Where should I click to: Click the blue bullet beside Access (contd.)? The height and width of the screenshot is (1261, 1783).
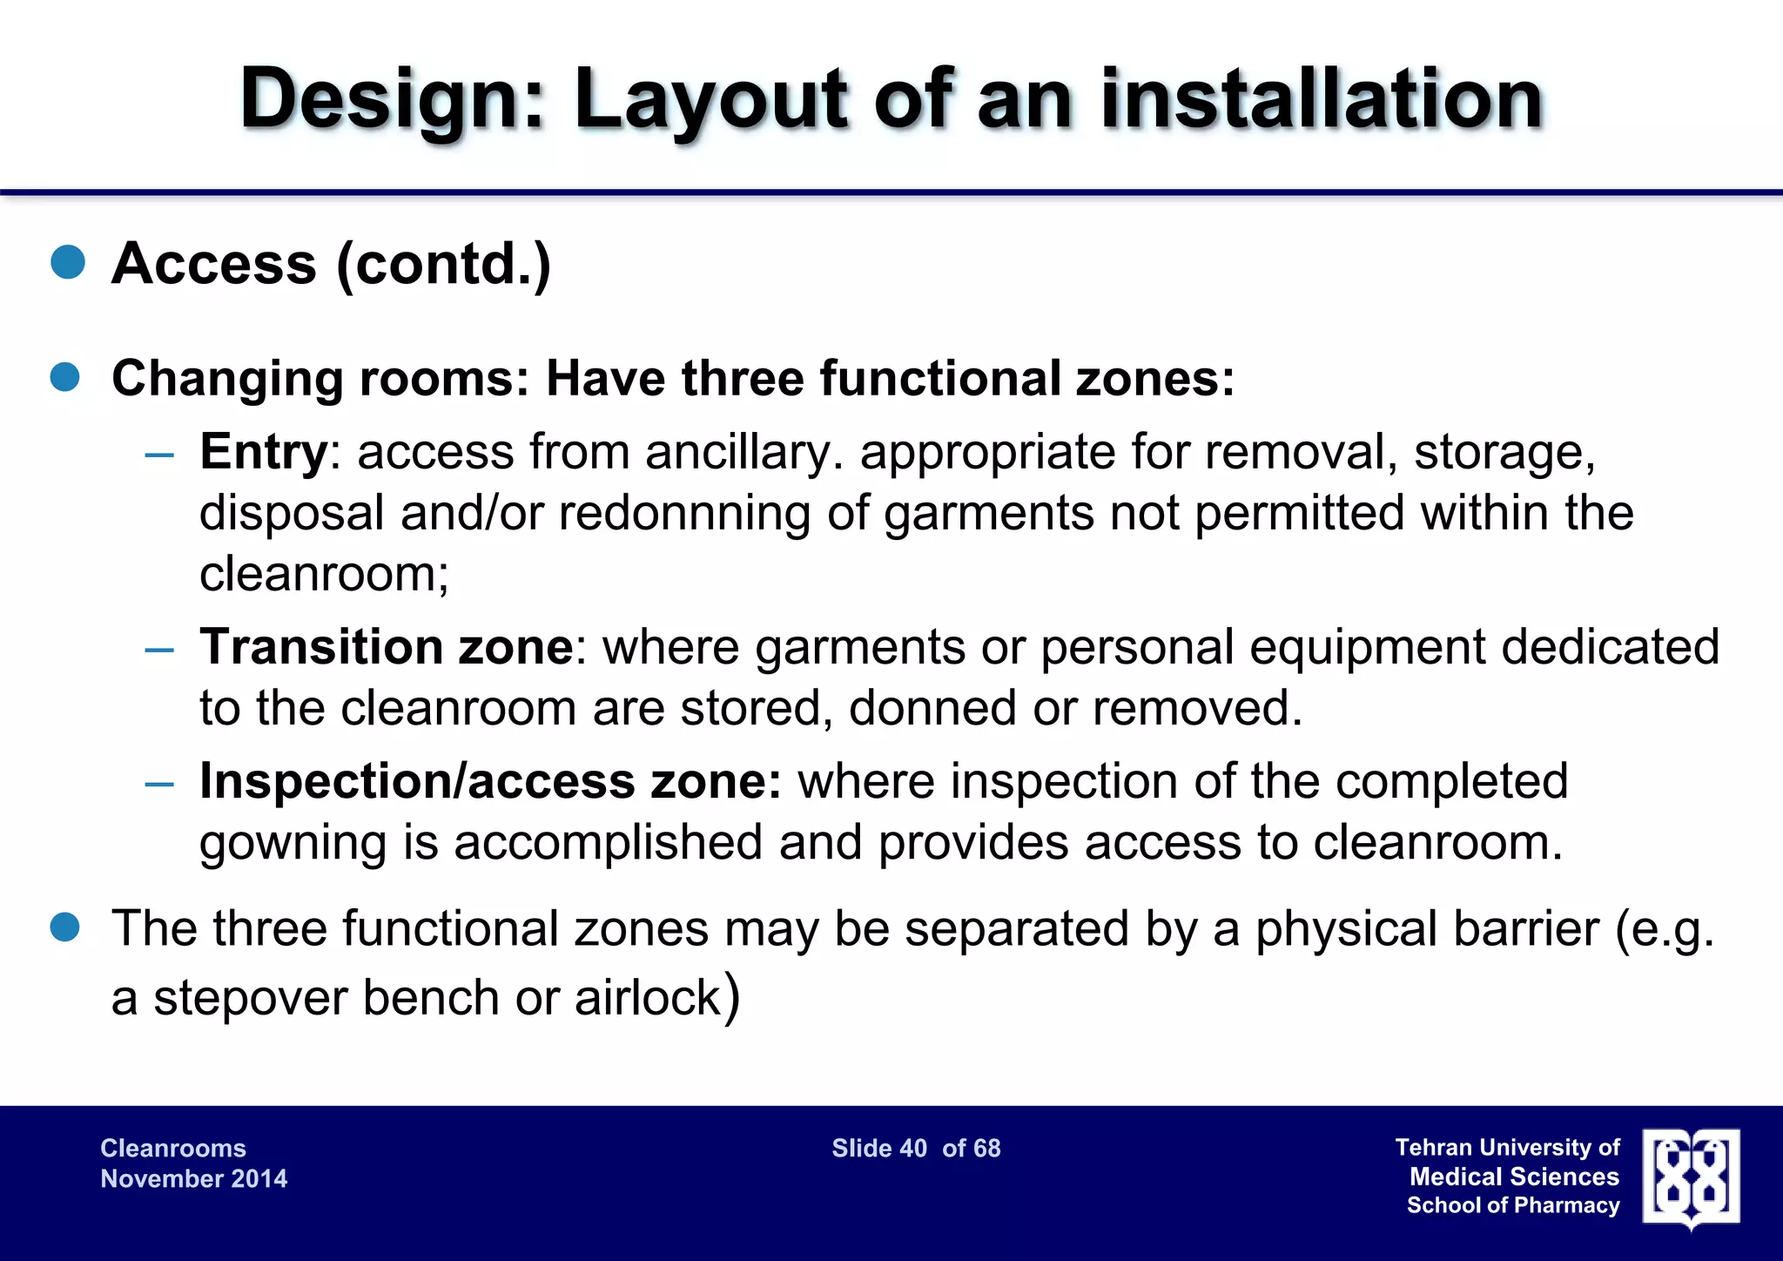point(68,262)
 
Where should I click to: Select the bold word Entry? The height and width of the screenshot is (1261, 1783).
point(263,452)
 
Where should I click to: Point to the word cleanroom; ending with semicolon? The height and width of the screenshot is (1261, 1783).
point(324,574)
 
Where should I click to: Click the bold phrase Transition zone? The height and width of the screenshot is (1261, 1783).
point(387,647)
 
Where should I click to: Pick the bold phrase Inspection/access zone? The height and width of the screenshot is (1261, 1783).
point(490,781)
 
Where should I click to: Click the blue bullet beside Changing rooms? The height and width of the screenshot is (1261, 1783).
point(66,378)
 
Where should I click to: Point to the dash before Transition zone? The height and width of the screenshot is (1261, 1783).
point(160,649)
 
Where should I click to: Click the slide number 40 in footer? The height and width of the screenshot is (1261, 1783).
point(913,1148)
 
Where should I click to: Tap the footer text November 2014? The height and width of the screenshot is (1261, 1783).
point(193,1178)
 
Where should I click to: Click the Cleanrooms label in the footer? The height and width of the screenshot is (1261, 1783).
point(173,1148)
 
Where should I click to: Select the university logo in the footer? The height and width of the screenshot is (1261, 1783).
point(1691,1178)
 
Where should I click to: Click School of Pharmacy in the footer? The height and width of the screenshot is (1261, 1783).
point(1513,1205)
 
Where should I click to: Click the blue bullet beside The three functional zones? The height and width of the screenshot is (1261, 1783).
point(66,928)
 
